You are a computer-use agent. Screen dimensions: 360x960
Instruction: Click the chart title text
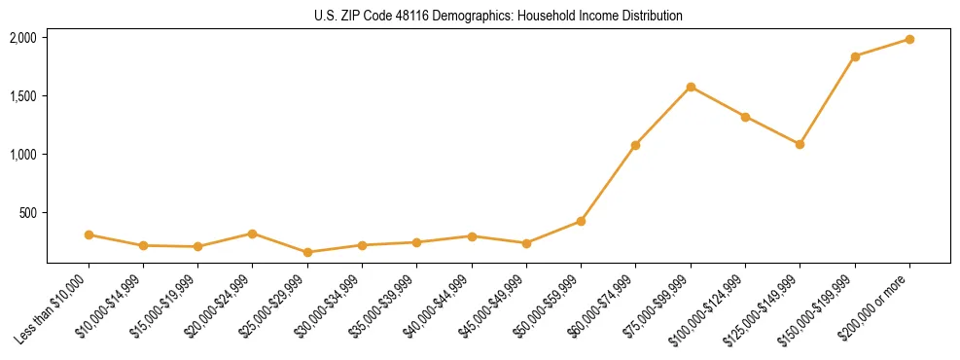[x=498, y=17]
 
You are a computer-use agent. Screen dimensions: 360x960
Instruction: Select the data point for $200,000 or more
[x=909, y=39]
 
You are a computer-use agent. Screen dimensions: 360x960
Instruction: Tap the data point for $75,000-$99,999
[x=691, y=87]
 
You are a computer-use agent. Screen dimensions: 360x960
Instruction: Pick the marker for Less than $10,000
[x=89, y=234]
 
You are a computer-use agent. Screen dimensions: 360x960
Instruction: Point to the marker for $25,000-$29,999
[x=307, y=252]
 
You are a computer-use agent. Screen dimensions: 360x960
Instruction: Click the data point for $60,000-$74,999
[x=635, y=145]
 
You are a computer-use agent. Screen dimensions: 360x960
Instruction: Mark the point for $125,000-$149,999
[x=800, y=144]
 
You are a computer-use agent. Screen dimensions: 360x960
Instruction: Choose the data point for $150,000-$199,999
[x=855, y=56]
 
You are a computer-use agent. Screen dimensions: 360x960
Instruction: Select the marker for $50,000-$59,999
[x=581, y=221]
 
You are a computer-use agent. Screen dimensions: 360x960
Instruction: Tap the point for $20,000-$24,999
[x=253, y=234]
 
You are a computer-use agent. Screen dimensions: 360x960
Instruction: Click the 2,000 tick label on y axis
[x=23, y=38]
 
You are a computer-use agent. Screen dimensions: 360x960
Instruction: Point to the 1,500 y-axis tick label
[x=23, y=96]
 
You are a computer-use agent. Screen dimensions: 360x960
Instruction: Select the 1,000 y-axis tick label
[x=23, y=155]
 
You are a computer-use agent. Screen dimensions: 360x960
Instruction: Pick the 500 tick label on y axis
[x=28, y=213]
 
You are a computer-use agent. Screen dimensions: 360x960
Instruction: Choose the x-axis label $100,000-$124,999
[x=709, y=309]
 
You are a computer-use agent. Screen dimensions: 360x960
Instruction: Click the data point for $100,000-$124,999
[x=745, y=117]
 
